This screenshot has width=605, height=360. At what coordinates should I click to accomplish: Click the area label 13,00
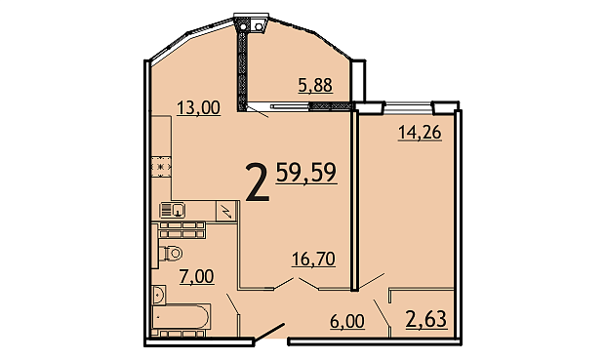(x=198, y=107)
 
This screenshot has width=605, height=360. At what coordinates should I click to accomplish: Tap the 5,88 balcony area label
(x=315, y=85)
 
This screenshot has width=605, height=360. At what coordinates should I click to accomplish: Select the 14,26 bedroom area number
(x=420, y=133)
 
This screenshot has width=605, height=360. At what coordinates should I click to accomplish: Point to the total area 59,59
(x=306, y=173)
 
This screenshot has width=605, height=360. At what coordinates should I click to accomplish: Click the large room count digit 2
(x=257, y=182)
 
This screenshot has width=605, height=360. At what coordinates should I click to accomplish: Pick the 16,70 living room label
(x=313, y=259)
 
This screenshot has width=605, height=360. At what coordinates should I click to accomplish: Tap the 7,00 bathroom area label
(x=196, y=276)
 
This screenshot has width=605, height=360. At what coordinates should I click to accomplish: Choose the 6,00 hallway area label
(x=347, y=321)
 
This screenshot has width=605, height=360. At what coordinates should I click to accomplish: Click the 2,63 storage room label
(x=426, y=319)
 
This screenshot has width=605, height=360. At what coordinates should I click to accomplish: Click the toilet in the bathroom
(x=170, y=254)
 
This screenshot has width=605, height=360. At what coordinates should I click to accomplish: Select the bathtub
(x=181, y=317)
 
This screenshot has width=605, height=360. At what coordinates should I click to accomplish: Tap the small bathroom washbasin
(x=159, y=295)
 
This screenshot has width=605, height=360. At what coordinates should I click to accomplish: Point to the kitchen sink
(x=173, y=211)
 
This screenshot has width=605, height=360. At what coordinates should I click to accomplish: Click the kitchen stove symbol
(x=161, y=167)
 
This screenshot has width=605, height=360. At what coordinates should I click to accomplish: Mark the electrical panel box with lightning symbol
(x=225, y=211)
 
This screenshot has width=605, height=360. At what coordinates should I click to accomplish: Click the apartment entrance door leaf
(x=269, y=333)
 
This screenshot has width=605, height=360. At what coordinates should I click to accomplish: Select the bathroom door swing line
(x=232, y=304)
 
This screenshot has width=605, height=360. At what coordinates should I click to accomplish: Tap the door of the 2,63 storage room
(x=382, y=313)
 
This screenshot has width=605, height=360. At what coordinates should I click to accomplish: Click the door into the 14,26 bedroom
(x=372, y=282)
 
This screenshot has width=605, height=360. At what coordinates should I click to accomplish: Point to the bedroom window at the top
(x=408, y=107)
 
